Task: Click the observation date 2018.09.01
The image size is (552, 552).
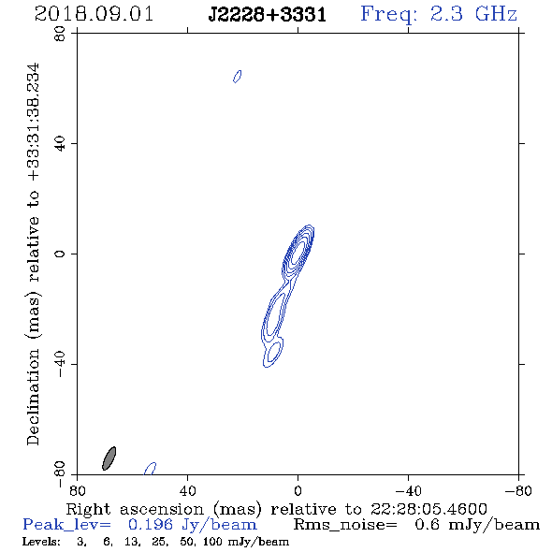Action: click(94, 14)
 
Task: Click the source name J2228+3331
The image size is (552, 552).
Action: click(268, 15)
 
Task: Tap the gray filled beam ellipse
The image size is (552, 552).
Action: click(109, 458)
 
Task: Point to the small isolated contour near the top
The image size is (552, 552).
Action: click(238, 77)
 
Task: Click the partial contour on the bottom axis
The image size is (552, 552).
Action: click(151, 468)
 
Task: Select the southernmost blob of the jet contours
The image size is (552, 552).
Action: click(273, 353)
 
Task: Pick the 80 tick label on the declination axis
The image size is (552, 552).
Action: click(60, 34)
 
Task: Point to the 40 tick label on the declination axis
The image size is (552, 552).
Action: click(60, 144)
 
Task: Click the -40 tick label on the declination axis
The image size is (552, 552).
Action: click(60, 364)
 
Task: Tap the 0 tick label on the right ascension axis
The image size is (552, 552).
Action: click(298, 491)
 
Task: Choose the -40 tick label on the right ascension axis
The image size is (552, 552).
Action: click(408, 491)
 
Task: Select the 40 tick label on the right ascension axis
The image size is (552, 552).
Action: click(187, 491)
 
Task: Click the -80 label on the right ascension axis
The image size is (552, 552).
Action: click(518, 491)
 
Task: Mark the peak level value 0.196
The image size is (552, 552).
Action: click(151, 525)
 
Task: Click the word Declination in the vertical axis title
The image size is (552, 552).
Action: click(33, 397)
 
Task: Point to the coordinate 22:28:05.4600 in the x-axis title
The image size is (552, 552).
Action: click(429, 509)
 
